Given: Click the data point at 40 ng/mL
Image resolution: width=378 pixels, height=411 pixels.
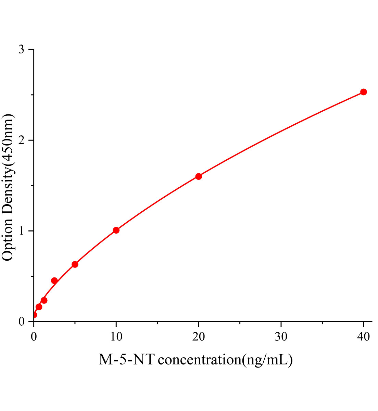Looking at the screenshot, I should point(364,92).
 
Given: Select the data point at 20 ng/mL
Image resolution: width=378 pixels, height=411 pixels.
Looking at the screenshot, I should point(199,176).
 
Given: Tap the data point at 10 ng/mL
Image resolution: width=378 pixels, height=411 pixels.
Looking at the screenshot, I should point(116,230).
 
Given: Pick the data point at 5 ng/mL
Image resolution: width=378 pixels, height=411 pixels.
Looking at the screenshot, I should point(75,264).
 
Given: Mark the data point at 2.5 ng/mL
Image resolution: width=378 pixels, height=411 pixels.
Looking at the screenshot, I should point(54,281).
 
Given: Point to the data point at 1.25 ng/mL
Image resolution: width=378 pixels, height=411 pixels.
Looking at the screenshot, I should point(44,300).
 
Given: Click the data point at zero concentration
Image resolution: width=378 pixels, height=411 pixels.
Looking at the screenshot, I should point(34,315).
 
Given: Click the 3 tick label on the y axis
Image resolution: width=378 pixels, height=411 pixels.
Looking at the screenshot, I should point(22,50).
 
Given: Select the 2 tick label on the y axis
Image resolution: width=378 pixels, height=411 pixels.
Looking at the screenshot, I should point(22,140).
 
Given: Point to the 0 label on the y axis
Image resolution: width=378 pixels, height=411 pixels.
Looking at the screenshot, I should point(22,322).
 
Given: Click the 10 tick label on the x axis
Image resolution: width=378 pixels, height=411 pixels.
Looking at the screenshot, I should point(116,337).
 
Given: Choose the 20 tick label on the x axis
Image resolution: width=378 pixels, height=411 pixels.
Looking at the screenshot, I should point(199,337).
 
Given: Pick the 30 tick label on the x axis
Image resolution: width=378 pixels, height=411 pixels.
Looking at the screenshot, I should point(281,337).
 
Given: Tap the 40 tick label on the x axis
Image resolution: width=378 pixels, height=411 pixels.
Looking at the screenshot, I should point(364,337).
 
